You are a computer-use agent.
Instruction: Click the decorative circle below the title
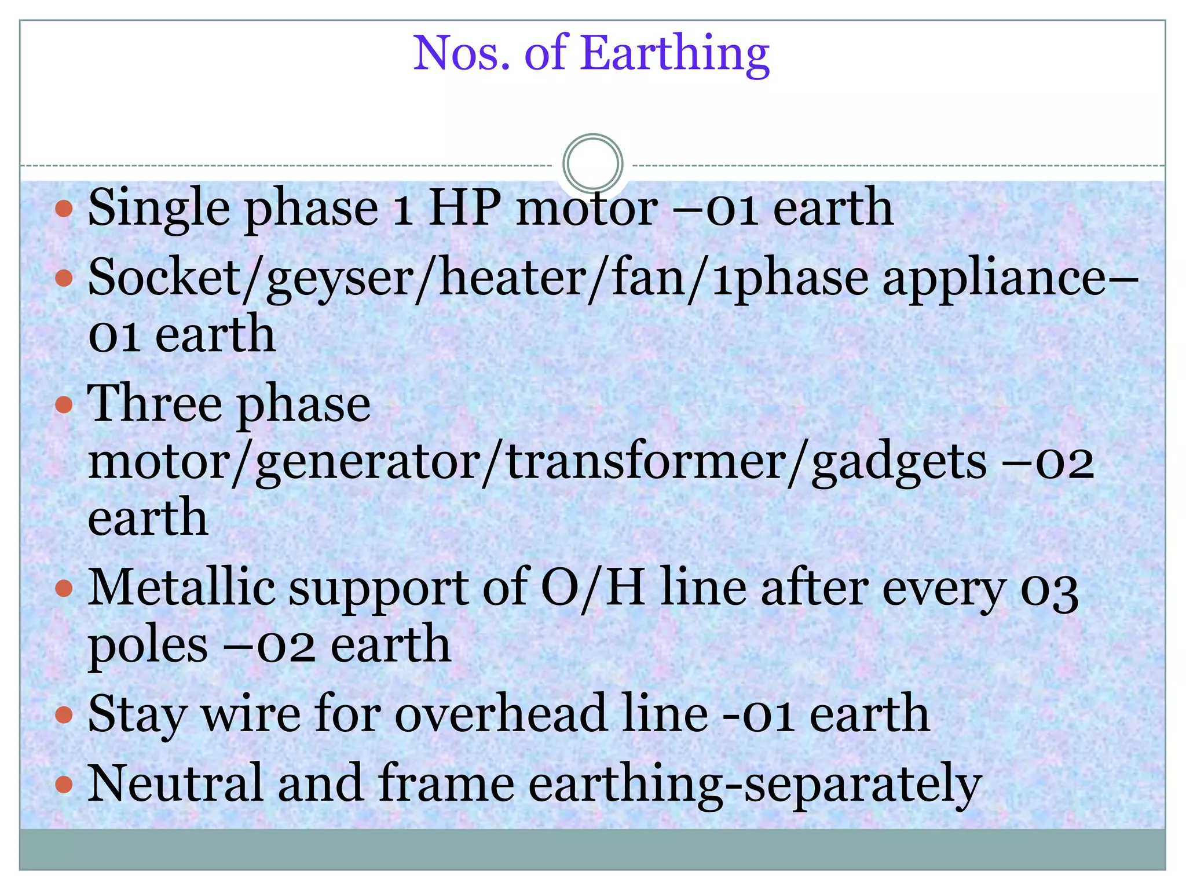[592, 164]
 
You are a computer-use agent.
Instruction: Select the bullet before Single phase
[64, 209]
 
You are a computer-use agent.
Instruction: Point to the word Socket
[163, 277]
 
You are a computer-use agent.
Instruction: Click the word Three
[155, 403]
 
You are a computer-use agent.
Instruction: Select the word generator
[367, 463]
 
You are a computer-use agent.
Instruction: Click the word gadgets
[898, 463]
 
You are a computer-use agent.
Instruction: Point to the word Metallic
[181, 588]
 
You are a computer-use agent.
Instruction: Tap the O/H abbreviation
[592, 588]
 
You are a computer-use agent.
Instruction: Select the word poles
[148, 646]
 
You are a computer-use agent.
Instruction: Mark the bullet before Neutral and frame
[64, 785]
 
